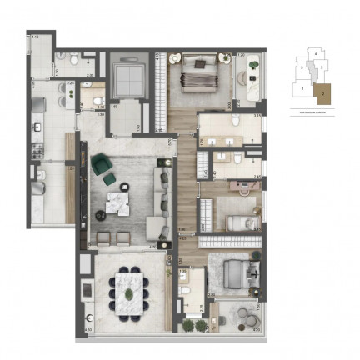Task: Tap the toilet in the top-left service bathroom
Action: (73, 59)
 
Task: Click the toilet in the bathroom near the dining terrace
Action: (189, 290)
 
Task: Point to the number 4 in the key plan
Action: (316, 52)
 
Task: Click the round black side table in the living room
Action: (99, 215)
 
